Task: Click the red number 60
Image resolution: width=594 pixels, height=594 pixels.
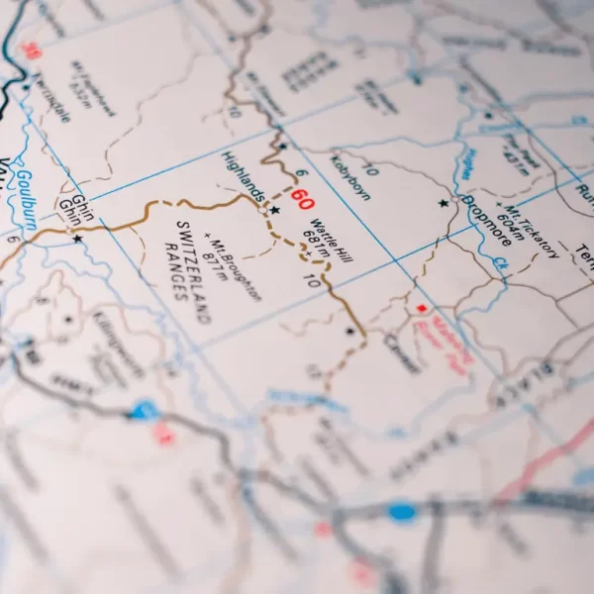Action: [x=302, y=197]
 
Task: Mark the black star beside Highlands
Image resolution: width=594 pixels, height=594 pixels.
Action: [x=275, y=210]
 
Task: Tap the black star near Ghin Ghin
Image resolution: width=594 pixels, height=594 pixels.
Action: [x=77, y=239]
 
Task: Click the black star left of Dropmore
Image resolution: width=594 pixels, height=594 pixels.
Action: [x=444, y=203]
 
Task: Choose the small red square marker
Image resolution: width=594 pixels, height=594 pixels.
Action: [x=421, y=308]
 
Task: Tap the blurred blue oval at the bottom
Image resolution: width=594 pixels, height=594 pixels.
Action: [x=402, y=511]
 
